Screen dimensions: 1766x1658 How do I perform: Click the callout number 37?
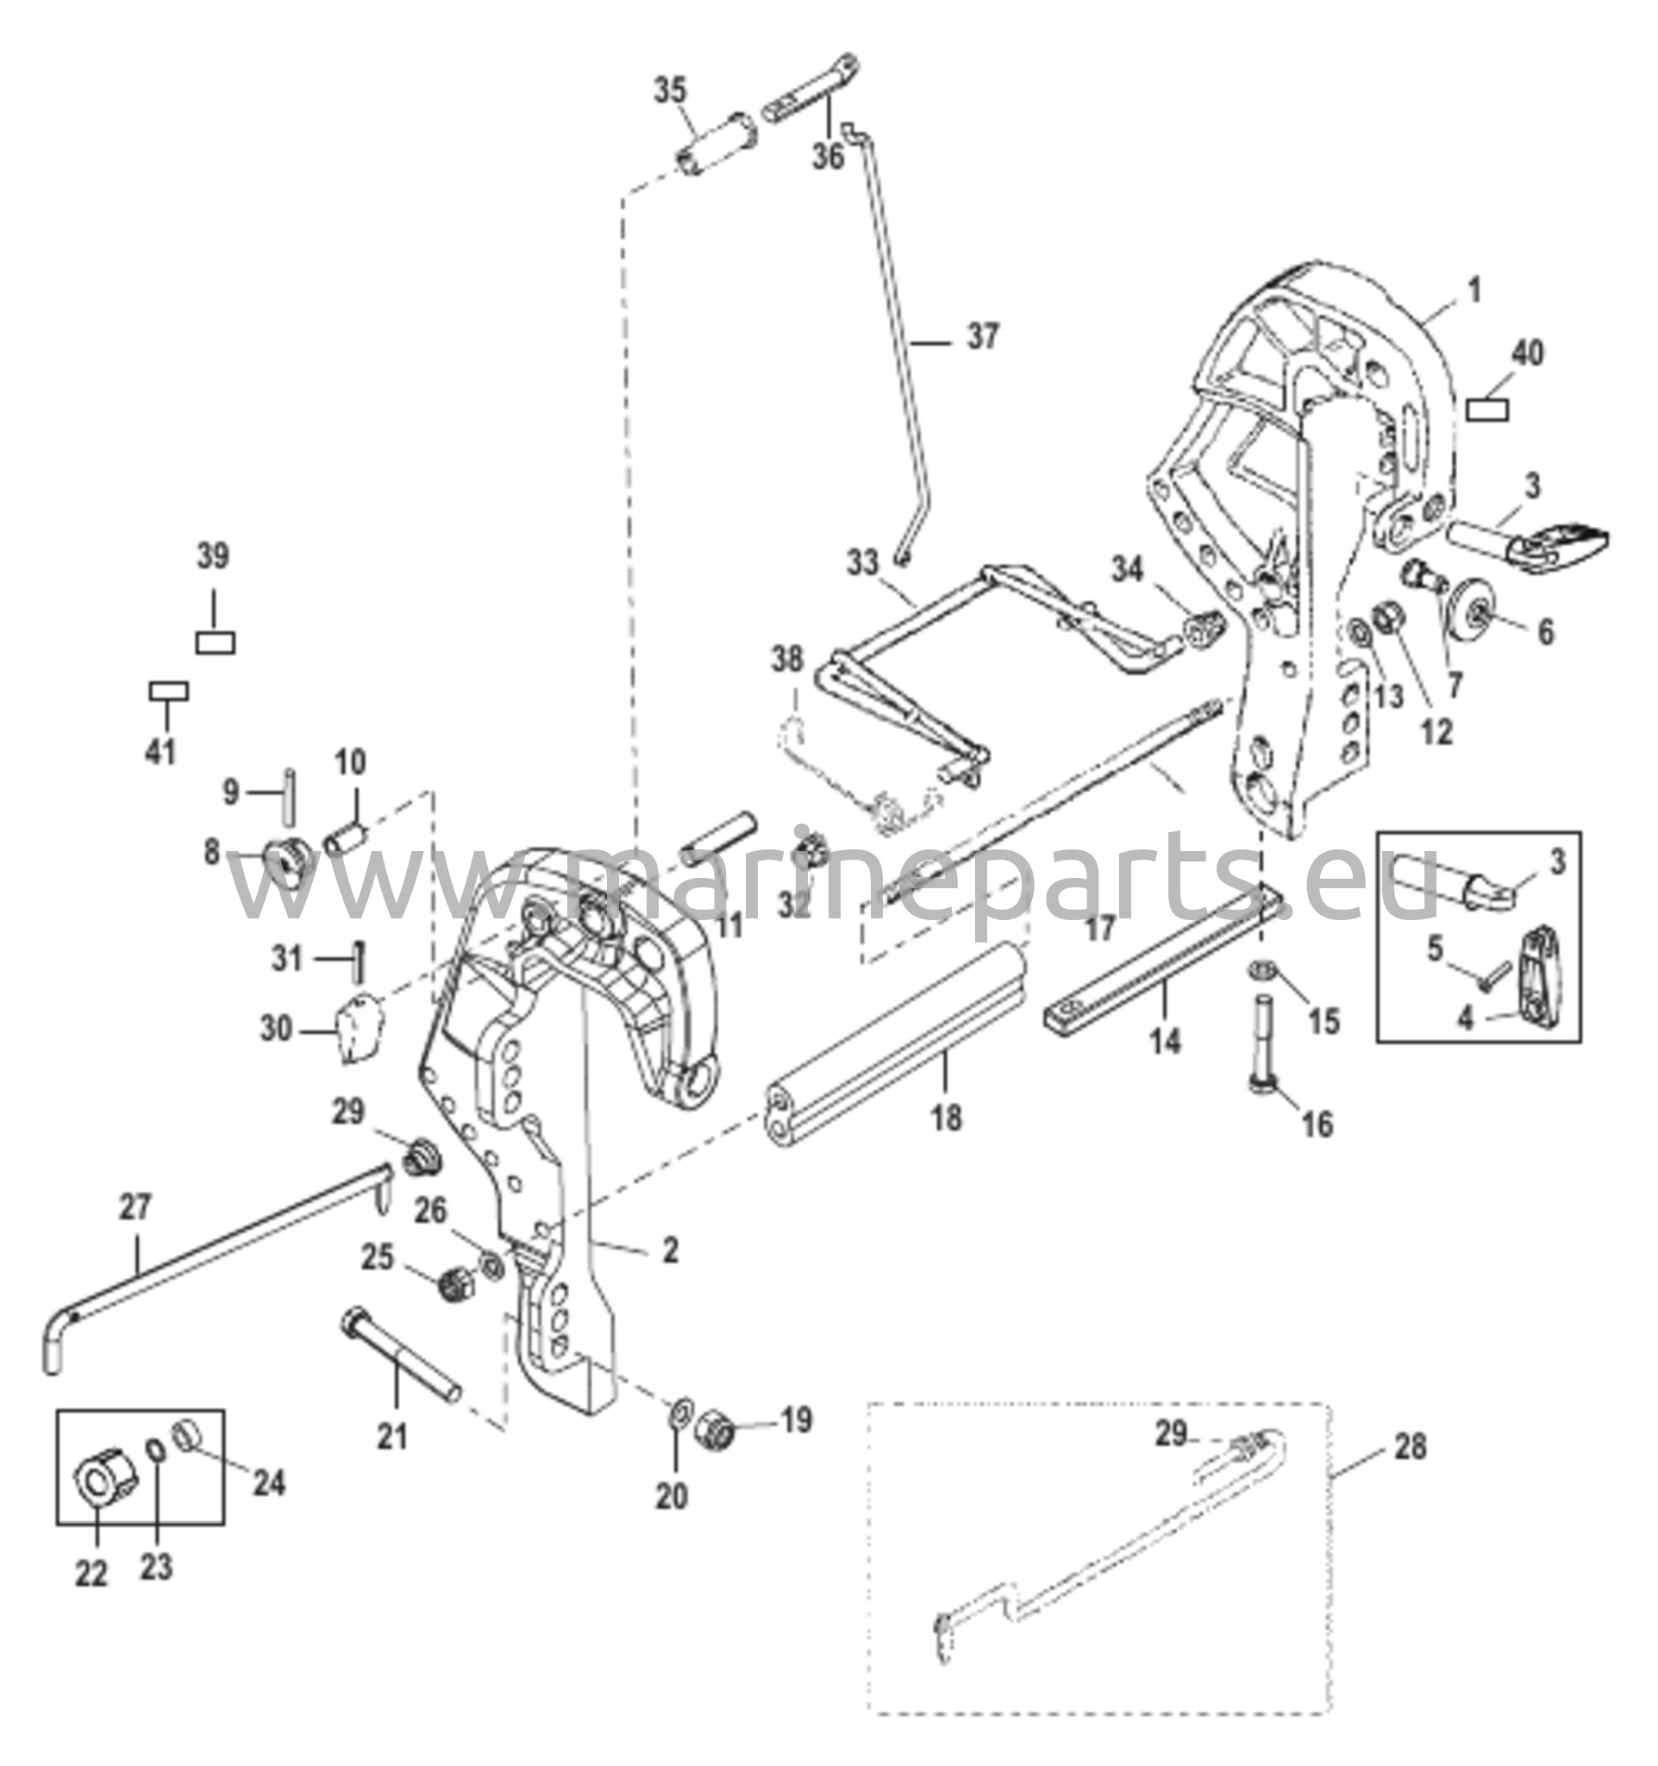(x=981, y=336)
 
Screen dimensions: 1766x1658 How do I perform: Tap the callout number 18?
(x=947, y=1117)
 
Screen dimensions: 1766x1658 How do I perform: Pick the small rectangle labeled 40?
(x=1487, y=410)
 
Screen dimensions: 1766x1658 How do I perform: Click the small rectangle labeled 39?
(x=215, y=642)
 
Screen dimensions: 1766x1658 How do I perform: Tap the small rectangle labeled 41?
(x=168, y=691)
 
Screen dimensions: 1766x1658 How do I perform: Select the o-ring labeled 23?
(x=154, y=1475)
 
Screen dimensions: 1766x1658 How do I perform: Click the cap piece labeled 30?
(x=358, y=1028)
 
